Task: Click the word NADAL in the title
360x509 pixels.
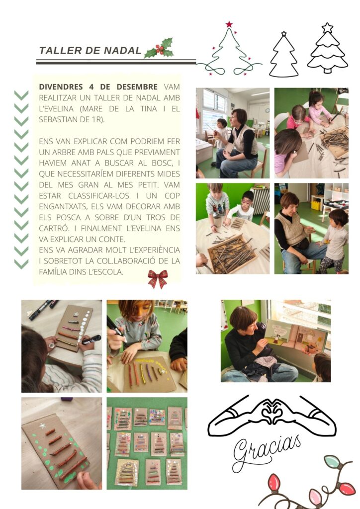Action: (123, 51)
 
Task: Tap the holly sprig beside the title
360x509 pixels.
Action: (159, 48)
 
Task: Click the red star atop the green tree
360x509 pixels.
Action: (229, 24)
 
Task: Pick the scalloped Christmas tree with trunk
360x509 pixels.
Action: (328, 48)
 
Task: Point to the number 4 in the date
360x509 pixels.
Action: (91, 87)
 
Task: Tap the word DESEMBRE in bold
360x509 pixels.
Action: (137, 87)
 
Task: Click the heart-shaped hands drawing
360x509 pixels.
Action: (272, 416)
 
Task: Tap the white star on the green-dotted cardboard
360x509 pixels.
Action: (43, 425)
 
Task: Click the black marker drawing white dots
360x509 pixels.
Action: (91, 339)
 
